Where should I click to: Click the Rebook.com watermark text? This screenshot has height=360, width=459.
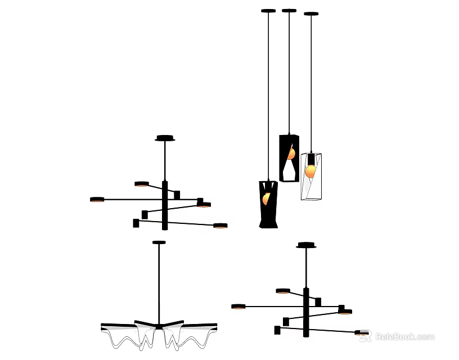coord(404,337)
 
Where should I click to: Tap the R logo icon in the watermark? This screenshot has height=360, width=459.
coord(366,336)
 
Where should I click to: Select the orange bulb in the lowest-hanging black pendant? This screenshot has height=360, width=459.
coord(266,198)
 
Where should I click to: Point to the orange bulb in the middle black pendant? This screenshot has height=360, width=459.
coord(291,154)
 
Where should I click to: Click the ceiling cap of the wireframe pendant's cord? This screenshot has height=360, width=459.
coord(311,13)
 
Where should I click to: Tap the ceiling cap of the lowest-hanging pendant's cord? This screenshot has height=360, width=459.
coord(268,11)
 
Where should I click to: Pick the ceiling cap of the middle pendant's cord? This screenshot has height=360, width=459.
coord(289,10)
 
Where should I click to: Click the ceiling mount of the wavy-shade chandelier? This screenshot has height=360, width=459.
coord(159,242)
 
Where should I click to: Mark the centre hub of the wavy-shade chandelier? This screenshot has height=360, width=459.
coord(159,326)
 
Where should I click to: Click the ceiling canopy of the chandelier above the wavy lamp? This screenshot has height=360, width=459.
coord(165,138)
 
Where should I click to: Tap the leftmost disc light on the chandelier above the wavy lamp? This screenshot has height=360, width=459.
coord(97,199)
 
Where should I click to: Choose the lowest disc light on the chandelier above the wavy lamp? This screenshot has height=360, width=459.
coord(220,226)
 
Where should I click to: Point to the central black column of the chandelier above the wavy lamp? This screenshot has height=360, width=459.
coord(165,205)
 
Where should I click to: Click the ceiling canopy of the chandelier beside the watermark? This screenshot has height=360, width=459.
coord(306,245)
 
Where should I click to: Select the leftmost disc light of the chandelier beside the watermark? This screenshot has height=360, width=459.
coord(238,307)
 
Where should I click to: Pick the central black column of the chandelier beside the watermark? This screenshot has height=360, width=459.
coord(306,312)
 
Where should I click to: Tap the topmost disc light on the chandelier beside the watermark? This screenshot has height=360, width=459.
coord(283,291)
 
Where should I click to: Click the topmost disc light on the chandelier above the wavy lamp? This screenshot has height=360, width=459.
coord(142,183)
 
